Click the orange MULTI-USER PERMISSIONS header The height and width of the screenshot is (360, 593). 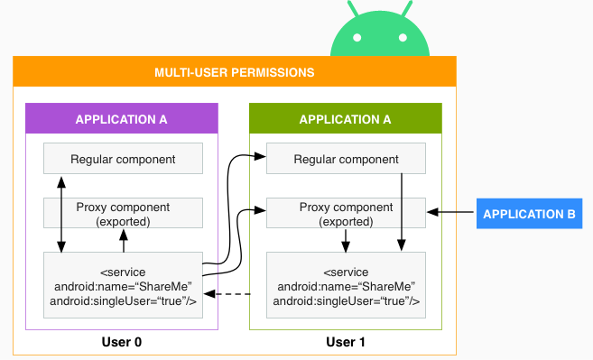click(x=235, y=71)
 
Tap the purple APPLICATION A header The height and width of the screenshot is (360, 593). click(x=121, y=119)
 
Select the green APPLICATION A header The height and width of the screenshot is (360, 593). click(x=345, y=119)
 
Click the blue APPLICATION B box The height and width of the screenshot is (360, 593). click(x=530, y=214)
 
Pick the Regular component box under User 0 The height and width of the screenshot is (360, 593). click(x=123, y=159)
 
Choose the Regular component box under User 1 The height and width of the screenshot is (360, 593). click(x=347, y=159)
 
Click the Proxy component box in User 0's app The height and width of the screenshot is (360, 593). click(x=123, y=214)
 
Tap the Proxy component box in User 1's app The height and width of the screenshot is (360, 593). click(x=347, y=214)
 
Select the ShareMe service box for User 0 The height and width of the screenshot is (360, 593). click(x=123, y=285)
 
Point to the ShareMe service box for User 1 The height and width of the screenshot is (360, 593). click(x=347, y=285)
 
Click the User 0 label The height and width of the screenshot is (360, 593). click(x=123, y=342)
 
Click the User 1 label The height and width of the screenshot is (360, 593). click(x=347, y=342)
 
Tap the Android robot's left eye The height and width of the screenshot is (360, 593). click(x=357, y=39)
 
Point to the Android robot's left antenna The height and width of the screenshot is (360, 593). click(x=345, y=7)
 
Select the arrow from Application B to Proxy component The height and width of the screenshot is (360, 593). click(x=451, y=213)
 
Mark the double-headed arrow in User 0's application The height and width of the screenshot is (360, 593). click(x=61, y=213)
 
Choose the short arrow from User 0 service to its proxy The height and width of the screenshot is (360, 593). click(x=123, y=241)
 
